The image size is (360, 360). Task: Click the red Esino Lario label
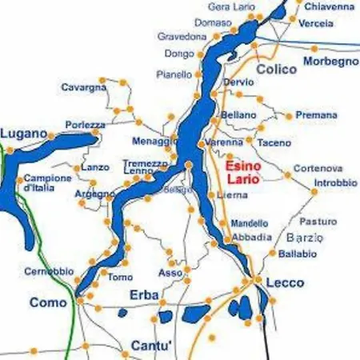coord(242,173)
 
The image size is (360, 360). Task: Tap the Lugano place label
coord(23,133)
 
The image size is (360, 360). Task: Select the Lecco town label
coord(286,282)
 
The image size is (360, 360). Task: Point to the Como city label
coord(47,302)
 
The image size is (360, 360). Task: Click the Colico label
coord(276,70)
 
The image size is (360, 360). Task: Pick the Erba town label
coord(145,294)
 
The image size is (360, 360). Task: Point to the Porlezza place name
coord(86,125)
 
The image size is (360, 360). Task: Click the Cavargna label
coord(84,87)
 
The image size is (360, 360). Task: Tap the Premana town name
coord(316,115)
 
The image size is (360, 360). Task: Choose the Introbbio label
coord(335,182)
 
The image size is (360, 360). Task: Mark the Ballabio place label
coord(298,254)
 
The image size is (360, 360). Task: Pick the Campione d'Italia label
coord(48,182)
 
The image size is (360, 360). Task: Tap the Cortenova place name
coord(318,168)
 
